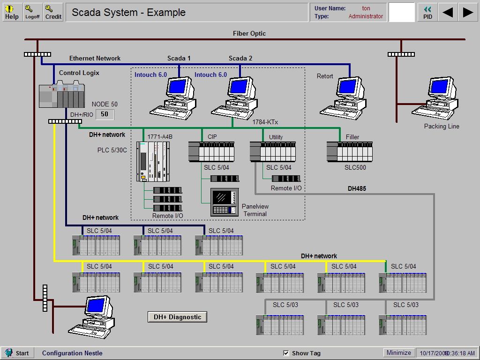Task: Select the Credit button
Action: point(53,12)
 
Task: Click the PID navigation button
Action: point(427,12)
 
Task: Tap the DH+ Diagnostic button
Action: point(177,317)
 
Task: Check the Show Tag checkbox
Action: point(286,353)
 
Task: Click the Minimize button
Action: point(398,352)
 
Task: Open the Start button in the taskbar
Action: point(17,353)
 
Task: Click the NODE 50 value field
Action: point(105,114)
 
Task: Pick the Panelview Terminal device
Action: point(225,202)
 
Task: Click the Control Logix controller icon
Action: point(61,96)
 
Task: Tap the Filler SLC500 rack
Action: point(349,152)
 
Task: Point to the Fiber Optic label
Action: point(249,33)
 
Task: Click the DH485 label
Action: point(357,188)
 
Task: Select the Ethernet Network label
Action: point(95,58)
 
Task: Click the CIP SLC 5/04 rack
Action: point(211,152)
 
